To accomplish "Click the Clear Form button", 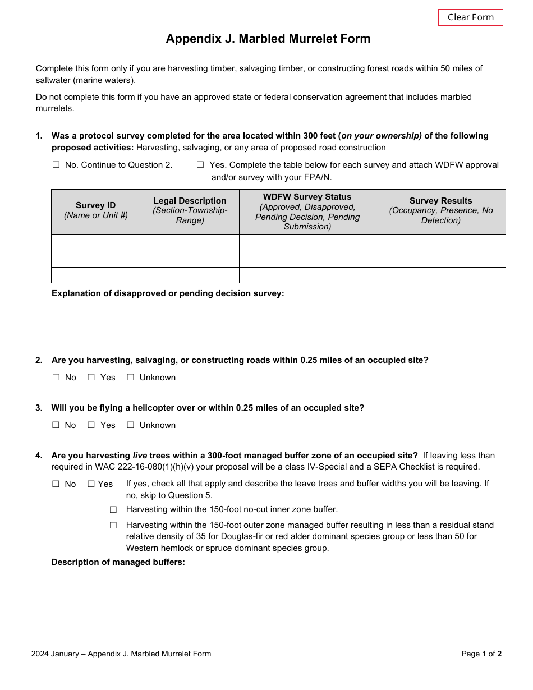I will click(470, 17).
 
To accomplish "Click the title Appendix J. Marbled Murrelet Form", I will click(268, 39).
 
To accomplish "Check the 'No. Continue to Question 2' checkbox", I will click(56, 165).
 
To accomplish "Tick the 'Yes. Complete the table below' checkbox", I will click(200, 165).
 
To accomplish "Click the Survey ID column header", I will click(96, 210).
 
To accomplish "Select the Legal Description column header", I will click(190, 210).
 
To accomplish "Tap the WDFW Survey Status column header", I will click(307, 211).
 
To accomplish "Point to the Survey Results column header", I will click(440, 210).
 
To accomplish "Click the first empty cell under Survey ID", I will click(96, 243).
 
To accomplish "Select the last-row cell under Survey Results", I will click(440, 275).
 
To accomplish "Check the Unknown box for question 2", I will click(131, 378).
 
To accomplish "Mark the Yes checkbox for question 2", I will click(91, 378).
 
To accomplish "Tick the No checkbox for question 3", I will click(56, 425).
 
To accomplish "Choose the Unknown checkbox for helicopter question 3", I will click(131, 425).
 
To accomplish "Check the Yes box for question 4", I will click(91, 484).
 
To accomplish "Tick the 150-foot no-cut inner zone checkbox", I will click(113, 509).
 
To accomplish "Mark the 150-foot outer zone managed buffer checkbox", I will click(113, 525).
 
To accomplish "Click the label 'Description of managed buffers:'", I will click(118, 562).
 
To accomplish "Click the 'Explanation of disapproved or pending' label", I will click(168, 293).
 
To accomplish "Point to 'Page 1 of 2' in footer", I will click(481, 654).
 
